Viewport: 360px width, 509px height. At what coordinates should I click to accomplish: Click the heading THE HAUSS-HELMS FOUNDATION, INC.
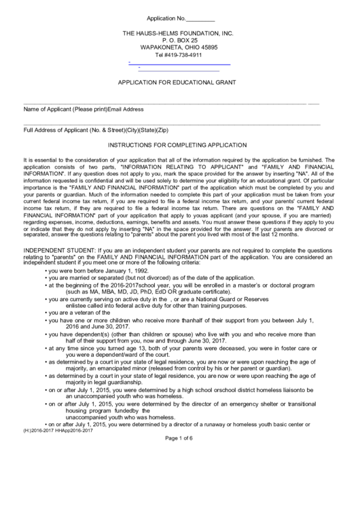(x=177, y=33)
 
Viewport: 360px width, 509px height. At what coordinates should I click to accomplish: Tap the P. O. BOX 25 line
(x=177, y=41)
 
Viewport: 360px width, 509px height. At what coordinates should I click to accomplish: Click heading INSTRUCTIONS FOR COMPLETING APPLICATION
(x=177, y=145)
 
